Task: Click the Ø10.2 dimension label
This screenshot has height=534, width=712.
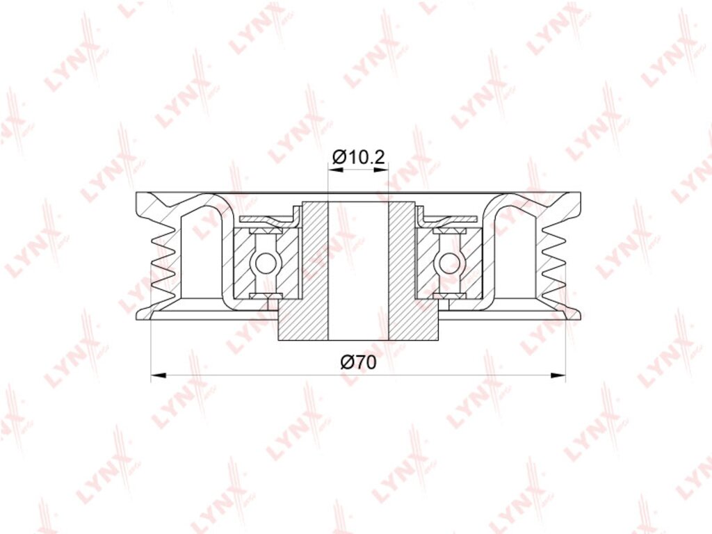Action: pos(359,157)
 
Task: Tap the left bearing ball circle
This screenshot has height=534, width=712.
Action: pos(264,262)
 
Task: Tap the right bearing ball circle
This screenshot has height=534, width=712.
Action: pos(448,262)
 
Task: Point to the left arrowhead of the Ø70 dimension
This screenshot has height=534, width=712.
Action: pos(158,375)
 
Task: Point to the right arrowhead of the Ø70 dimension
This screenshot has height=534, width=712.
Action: pos(558,375)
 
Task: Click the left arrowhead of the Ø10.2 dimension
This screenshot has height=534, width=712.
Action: pos(334,170)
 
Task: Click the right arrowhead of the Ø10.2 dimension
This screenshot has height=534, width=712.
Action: pos(382,170)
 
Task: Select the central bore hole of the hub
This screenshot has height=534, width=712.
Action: pos(358,270)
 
